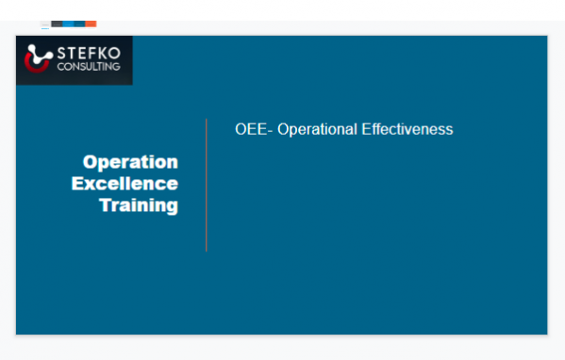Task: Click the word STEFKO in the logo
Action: click(86, 53)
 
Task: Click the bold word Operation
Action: click(130, 162)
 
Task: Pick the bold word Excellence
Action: click(125, 184)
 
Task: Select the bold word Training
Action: click(139, 205)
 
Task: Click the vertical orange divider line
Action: click(206, 185)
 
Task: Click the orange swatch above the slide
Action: click(91, 22)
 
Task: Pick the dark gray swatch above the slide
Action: click(57, 22)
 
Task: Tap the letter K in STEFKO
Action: click(101, 53)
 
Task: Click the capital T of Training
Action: click(106, 205)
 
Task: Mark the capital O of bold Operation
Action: click(91, 162)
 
